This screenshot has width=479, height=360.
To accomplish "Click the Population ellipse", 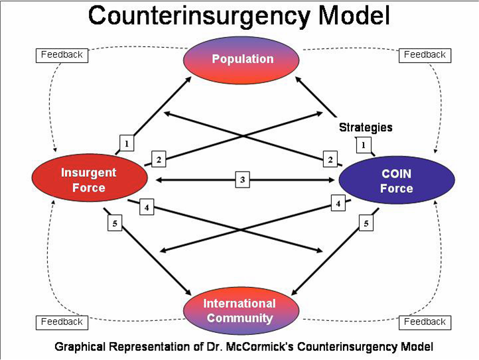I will click(x=242, y=60).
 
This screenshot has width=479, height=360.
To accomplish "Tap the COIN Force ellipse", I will click(x=396, y=180).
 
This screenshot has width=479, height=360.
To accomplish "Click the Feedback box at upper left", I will click(x=62, y=55).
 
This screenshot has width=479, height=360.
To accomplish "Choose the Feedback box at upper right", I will click(x=425, y=55).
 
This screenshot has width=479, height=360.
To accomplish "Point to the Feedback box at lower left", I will click(x=62, y=322).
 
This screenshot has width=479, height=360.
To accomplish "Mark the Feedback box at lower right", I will click(x=425, y=322).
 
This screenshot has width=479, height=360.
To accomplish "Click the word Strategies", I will click(x=366, y=127).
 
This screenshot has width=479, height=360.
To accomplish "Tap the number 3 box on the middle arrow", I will click(x=243, y=180).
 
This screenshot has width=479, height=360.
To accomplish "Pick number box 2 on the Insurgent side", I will click(x=159, y=159).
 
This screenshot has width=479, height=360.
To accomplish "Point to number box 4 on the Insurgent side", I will click(x=147, y=208).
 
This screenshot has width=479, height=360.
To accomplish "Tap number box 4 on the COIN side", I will click(x=339, y=204).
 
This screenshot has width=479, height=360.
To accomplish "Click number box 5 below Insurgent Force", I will click(x=115, y=224).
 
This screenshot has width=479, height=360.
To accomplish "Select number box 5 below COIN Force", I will click(x=366, y=224).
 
